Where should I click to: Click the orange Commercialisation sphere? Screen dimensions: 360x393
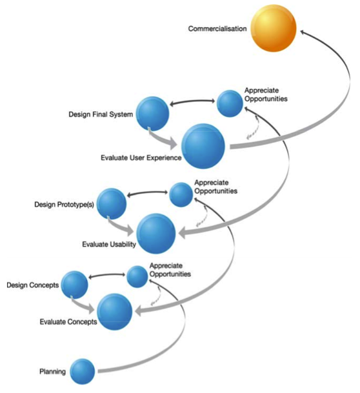[274, 28]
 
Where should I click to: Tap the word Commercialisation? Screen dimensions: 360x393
[217, 28]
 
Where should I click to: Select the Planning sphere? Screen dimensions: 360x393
[83, 371]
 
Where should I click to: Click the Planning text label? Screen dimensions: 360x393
[52, 372]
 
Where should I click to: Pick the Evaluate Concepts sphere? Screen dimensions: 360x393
[114, 312]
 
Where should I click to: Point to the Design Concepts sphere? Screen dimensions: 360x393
[75, 285]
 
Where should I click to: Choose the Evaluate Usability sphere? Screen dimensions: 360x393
[156, 234]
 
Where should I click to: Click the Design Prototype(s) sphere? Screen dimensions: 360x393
[112, 203]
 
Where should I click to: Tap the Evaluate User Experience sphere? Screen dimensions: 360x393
[203, 146]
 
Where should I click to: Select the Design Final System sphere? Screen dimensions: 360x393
[152, 114]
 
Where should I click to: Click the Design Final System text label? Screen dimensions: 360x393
[101, 114]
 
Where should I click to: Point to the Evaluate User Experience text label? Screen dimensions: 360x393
[141, 157]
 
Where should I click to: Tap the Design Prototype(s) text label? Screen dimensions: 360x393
[64, 205]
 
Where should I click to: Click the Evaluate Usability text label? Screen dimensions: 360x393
[109, 244]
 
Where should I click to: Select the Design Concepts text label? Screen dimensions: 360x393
[32, 285]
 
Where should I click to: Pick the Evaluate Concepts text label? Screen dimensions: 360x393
[68, 321]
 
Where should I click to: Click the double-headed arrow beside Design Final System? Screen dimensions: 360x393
[192, 101]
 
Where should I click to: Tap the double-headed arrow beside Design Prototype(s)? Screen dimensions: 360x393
[147, 193]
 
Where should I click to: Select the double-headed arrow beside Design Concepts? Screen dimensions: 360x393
[106, 276]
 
